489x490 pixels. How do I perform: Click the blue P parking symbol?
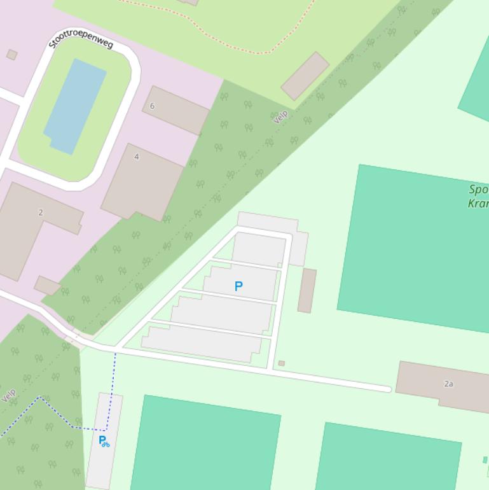238,286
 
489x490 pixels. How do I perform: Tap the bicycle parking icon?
104,440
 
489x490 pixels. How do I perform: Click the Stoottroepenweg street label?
81,39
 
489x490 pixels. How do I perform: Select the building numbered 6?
176,110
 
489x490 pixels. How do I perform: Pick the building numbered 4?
142,182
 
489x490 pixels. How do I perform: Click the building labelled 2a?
445,384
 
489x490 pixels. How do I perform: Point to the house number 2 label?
41,213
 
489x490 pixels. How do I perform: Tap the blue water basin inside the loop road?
74,106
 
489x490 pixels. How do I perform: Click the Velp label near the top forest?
281,116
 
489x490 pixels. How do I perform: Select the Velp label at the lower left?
9,396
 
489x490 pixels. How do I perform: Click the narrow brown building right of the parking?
307,291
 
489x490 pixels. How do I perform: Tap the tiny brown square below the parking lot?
282,363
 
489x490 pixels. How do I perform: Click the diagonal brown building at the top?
305,76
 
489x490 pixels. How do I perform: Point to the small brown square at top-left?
11,55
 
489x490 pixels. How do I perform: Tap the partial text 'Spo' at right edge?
478,190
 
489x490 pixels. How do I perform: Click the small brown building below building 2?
47,286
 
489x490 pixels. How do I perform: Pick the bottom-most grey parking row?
201,344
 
